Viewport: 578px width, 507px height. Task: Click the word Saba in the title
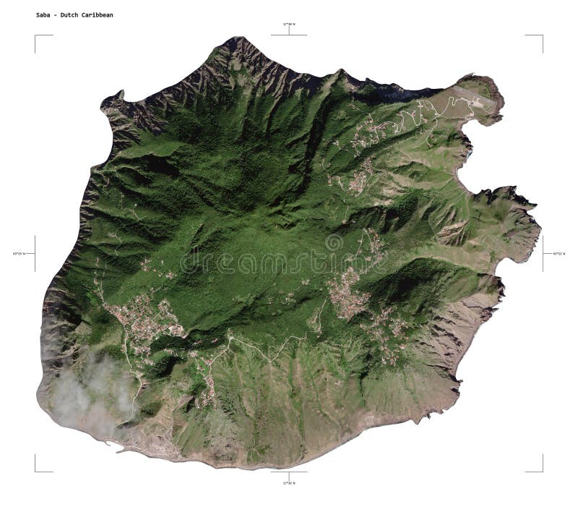coord(43,14)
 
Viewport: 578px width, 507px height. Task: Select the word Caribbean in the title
coord(98,14)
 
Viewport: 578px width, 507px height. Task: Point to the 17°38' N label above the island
coord(288,25)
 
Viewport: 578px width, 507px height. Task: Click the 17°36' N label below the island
coord(288,482)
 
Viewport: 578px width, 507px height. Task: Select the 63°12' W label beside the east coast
coord(558,253)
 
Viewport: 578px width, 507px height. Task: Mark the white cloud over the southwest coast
coord(90,394)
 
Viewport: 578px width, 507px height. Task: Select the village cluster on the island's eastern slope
coord(347,289)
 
